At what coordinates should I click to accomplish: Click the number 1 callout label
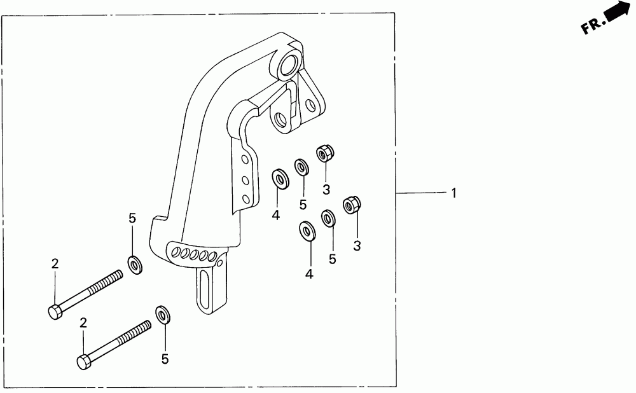tap(453, 193)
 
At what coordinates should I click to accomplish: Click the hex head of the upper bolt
tap(54, 312)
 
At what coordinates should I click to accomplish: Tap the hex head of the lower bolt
tap(84, 362)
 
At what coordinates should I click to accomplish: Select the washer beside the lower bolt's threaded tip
tap(163, 314)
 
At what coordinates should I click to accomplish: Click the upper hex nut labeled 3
tap(325, 153)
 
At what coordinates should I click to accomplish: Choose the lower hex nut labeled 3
tap(352, 205)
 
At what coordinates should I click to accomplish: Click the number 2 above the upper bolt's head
tap(55, 264)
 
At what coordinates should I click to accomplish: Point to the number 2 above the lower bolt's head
tap(83, 323)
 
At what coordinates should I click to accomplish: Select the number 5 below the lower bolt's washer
tap(165, 359)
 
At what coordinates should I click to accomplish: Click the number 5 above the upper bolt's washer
tap(132, 219)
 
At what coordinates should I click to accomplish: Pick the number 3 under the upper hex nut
tap(326, 190)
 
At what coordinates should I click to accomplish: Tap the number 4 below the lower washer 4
tap(310, 275)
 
